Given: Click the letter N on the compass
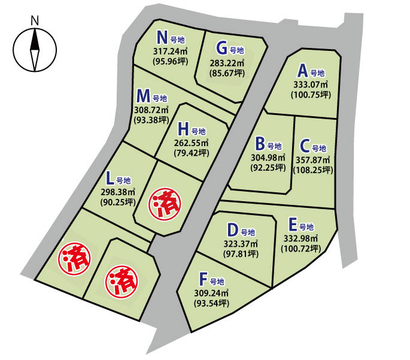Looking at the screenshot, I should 35,19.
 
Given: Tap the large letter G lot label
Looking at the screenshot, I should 222,48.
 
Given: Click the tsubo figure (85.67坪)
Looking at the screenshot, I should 227,73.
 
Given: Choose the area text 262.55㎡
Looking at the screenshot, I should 192,143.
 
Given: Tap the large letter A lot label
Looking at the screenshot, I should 303,70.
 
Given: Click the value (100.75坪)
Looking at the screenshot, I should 310,95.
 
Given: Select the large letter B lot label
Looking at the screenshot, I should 260,144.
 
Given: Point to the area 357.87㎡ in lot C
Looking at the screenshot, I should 313,160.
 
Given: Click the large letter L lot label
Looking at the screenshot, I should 109,178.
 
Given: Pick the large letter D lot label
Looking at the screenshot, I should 233,230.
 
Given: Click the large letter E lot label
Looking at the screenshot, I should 293,225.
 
